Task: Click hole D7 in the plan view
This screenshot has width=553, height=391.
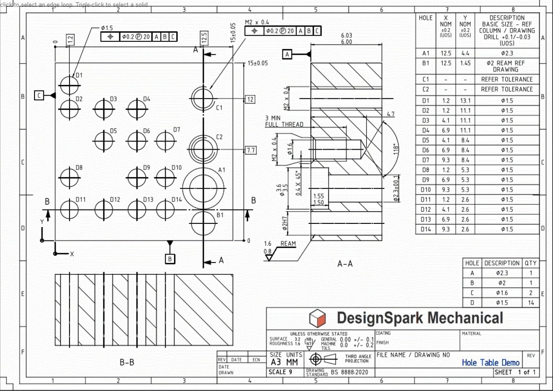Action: (166, 141)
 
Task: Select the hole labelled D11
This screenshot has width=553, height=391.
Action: (69, 210)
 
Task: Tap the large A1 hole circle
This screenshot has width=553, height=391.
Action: (202, 187)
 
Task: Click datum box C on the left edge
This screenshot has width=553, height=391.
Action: (39, 95)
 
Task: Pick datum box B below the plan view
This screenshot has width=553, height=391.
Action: (170, 259)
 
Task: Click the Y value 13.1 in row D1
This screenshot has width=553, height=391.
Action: (465, 101)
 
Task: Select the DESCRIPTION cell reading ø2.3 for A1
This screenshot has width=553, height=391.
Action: (506, 53)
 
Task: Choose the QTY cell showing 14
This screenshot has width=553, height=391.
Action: (530, 303)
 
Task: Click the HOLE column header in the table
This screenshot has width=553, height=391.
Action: (426, 18)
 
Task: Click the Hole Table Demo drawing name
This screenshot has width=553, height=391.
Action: (490, 363)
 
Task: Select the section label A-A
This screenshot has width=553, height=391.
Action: (345, 263)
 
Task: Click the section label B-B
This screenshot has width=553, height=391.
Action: (127, 363)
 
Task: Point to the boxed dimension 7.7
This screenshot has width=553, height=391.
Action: (250, 151)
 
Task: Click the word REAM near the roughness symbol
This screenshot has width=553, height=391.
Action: (288, 244)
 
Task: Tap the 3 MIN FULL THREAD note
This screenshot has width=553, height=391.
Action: (284, 121)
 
